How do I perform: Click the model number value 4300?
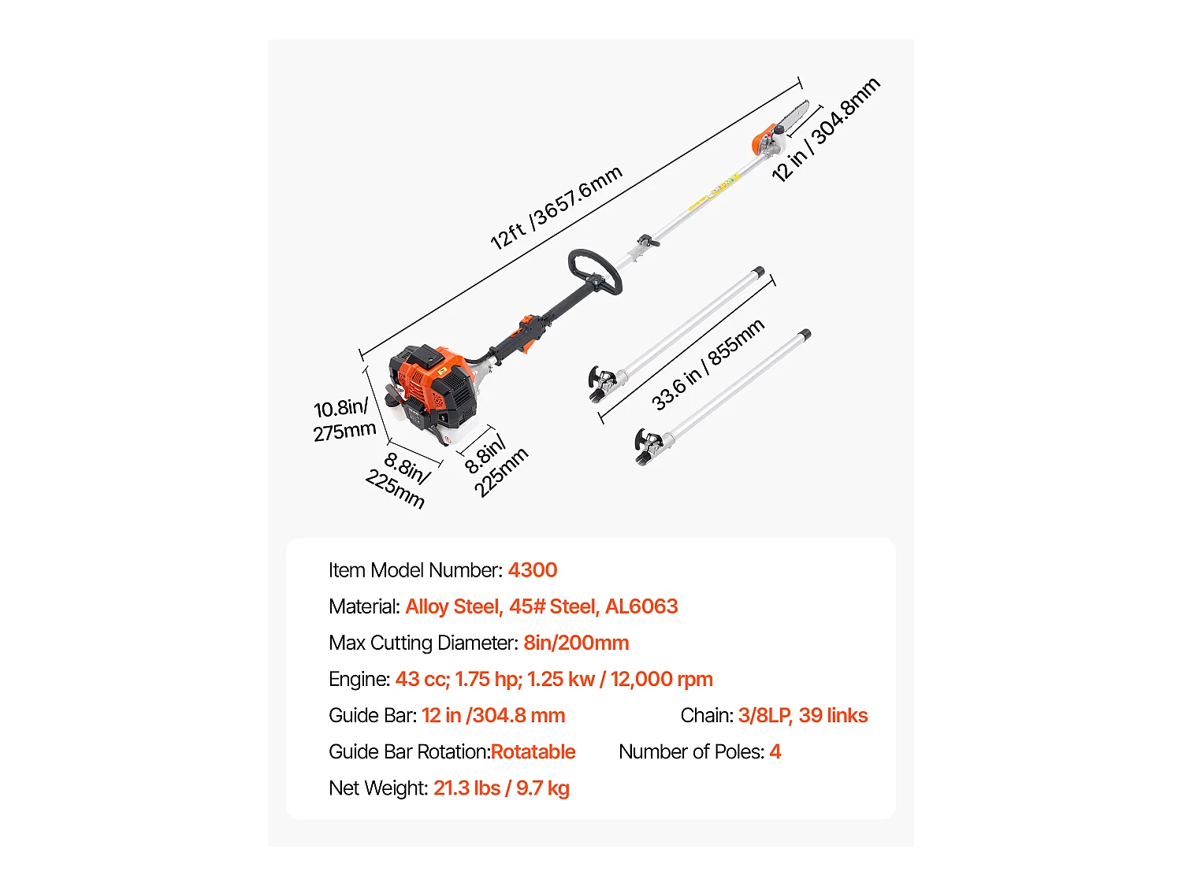pos(532,570)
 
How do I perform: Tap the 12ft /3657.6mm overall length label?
pos(556,207)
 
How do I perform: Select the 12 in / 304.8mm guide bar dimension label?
pos(826,130)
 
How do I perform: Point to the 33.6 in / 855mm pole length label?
pos(708,365)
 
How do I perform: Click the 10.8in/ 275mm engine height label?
pos(344,420)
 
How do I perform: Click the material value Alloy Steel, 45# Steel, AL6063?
pos(541,606)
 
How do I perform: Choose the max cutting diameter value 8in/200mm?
pos(576,643)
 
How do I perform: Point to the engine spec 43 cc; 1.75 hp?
pos(459,679)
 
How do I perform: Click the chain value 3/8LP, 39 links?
pos(802,715)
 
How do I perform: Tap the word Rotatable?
pos(533,751)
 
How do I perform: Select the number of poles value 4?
pos(775,751)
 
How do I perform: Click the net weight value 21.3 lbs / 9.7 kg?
pos(501,788)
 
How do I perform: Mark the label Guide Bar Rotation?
pos(409,751)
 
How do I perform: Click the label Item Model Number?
pos(415,570)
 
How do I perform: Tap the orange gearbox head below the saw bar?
pos(765,142)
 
